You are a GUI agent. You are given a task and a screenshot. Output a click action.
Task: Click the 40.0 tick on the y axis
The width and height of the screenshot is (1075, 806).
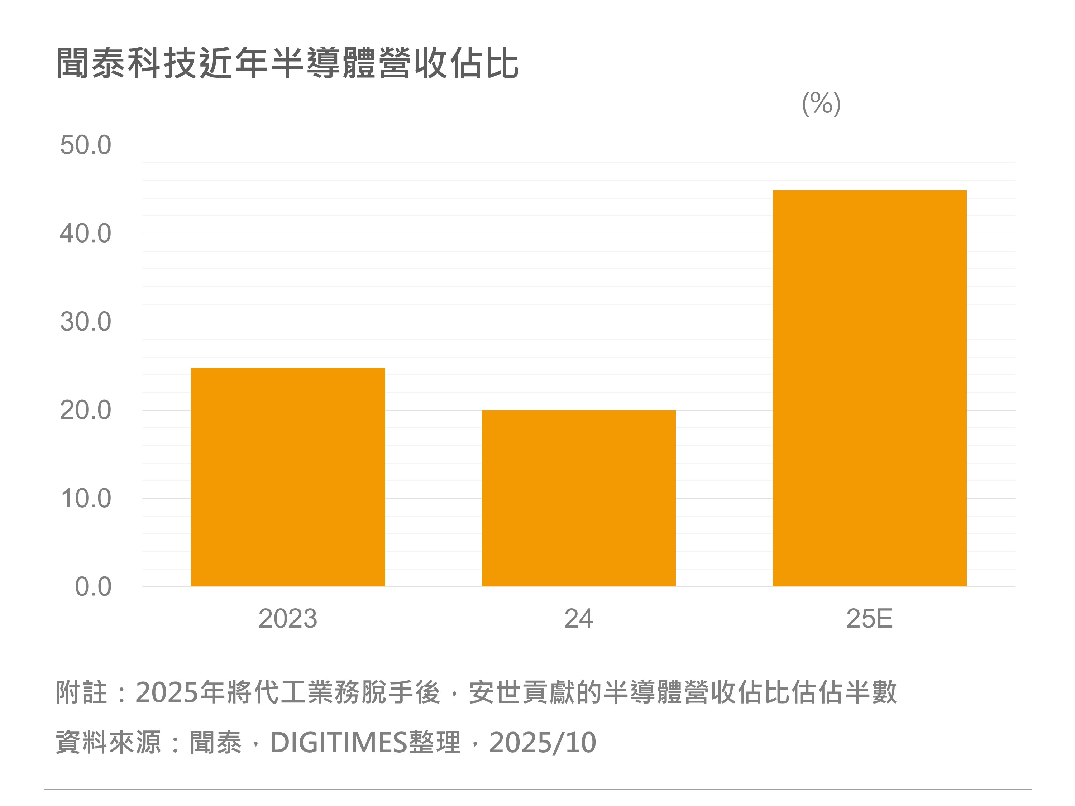click(86, 233)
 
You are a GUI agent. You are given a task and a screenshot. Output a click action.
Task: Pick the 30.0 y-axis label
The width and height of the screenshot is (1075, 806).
click(86, 322)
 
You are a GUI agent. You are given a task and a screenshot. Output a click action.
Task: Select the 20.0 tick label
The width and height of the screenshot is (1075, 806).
click(86, 410)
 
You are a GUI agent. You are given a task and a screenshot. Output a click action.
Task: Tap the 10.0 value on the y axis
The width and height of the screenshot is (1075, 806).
click(86, 499)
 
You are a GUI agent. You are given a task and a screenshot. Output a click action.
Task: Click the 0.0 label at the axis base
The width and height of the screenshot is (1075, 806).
click(93, 587)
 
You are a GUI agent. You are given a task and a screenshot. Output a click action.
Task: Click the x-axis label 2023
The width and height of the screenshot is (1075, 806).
click(288, 618)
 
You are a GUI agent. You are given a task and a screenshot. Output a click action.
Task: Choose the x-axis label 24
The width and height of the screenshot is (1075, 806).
click(578, 618)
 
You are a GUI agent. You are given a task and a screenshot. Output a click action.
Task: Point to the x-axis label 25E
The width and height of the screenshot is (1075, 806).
click(869, 618)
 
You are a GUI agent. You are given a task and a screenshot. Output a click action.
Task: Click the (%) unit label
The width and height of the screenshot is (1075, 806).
click(821, 104)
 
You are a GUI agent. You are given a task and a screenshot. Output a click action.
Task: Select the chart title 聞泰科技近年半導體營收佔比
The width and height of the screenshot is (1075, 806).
click(287, 63)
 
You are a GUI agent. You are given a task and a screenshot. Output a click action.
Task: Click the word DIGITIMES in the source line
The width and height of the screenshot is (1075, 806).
click(338, 742)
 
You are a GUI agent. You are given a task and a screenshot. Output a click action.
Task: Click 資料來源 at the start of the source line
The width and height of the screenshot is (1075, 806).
click(108, 742)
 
